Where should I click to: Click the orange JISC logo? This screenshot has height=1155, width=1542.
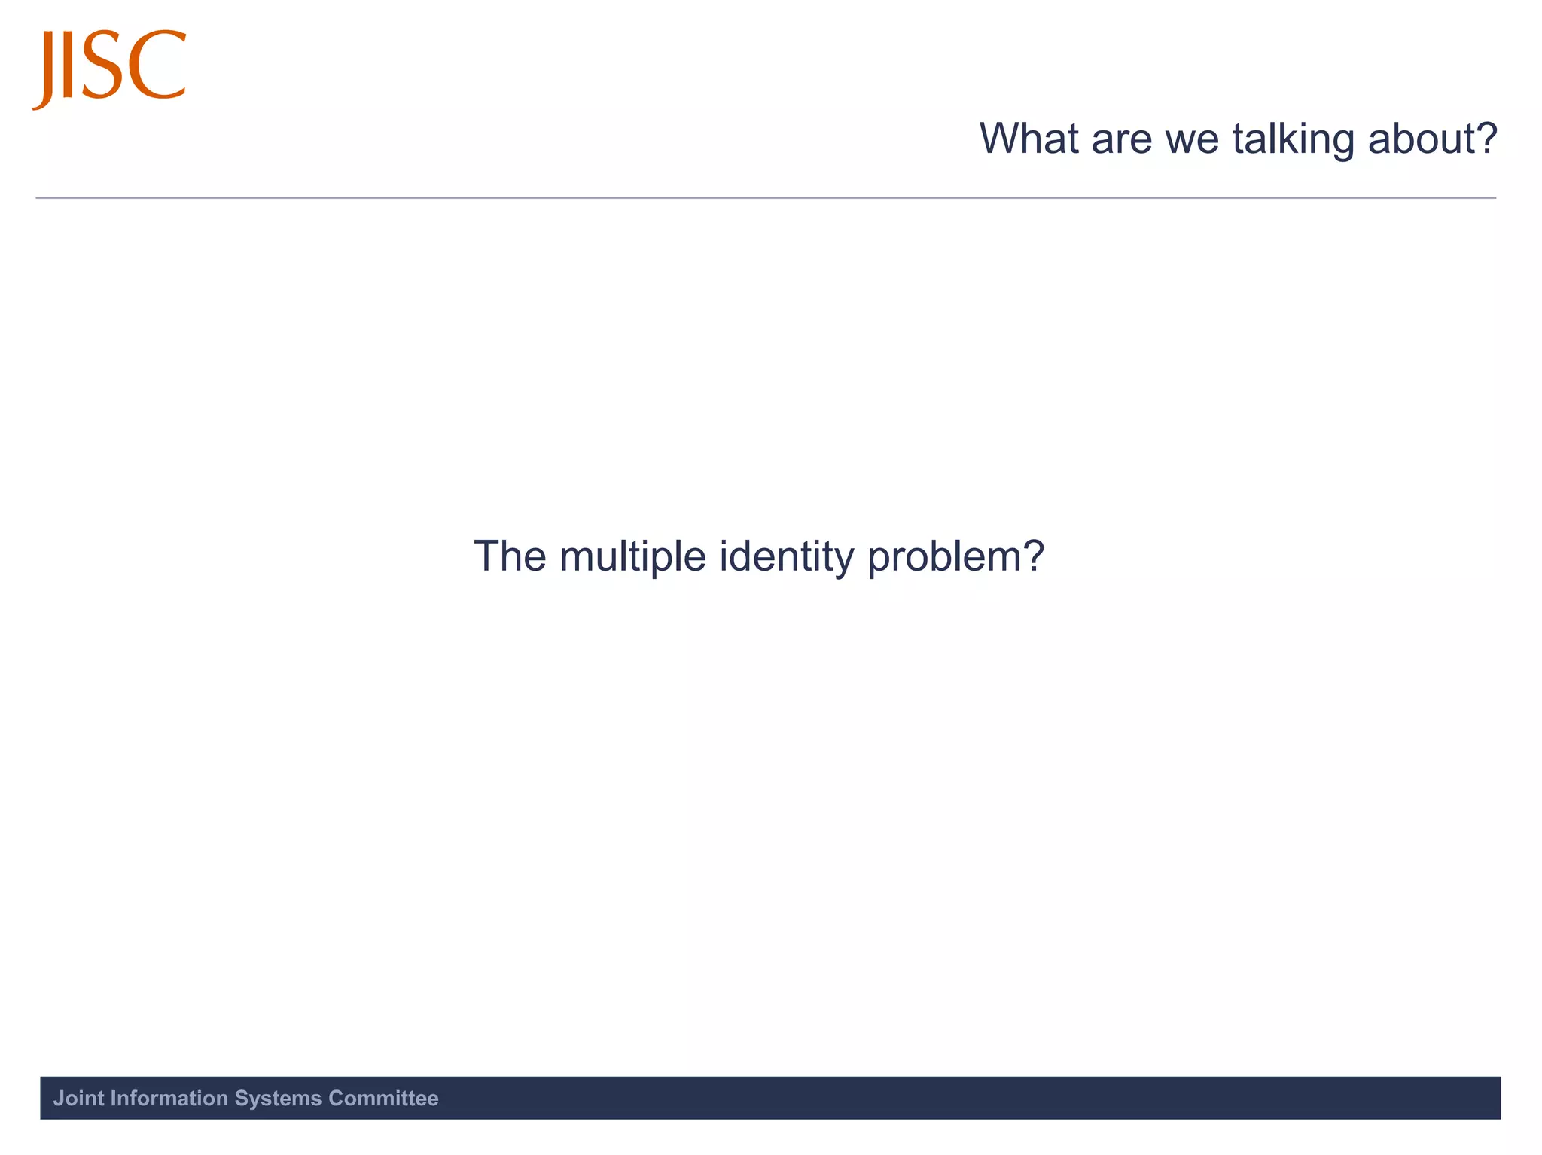tap(109, 68)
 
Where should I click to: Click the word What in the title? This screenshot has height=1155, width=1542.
tap(1029, 139)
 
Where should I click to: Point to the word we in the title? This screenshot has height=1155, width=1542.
tap(1192, 139)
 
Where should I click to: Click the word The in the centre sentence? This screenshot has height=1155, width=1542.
tap(510, 556)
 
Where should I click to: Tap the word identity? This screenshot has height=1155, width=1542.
tap(786, 556)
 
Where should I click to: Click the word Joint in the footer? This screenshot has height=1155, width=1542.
tap(78, 1099)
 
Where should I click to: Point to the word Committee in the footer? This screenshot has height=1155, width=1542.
tap(383, 1099)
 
